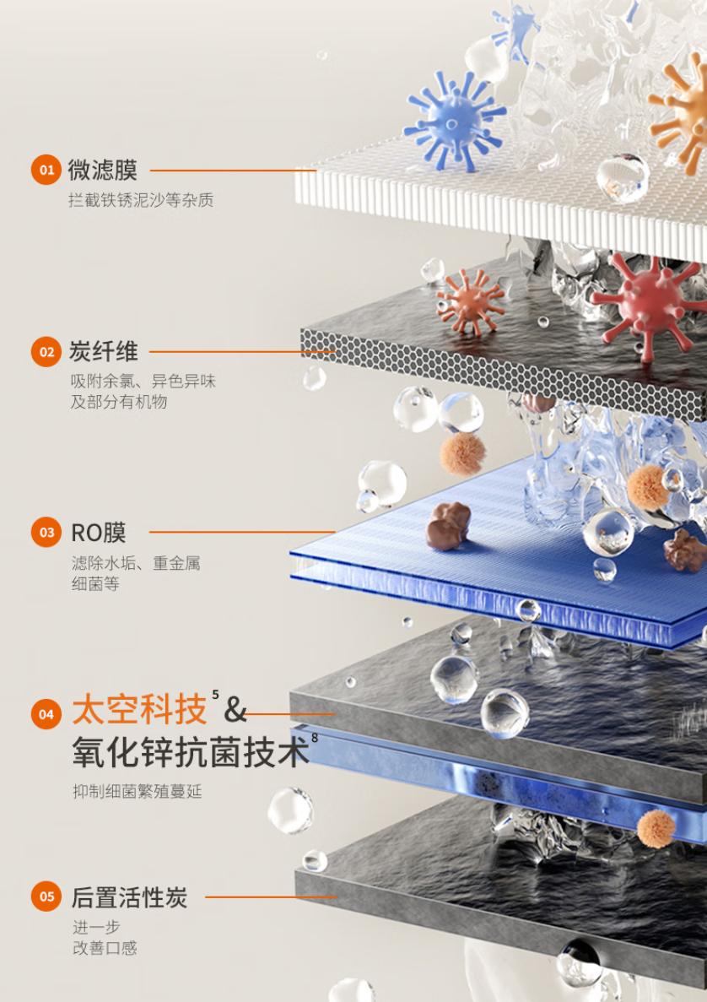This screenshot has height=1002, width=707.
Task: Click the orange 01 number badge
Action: [46, 170]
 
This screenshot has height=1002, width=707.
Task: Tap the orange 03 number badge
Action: [46, 533]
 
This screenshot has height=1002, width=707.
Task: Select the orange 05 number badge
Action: [46, 896]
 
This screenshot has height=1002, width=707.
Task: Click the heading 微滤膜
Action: [102, 170]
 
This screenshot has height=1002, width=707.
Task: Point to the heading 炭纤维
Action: [102, 351]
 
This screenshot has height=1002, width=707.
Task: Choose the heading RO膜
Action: [98, 533]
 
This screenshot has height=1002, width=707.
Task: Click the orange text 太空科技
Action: [139, 711]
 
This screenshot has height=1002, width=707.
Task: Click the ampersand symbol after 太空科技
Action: [235, 712]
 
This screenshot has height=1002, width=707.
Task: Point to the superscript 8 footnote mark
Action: [315, 738]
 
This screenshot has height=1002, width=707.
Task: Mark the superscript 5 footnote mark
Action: [216, 695]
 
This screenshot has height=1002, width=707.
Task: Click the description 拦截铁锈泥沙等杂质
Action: [141, 201]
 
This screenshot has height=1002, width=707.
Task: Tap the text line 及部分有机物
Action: [119, 402]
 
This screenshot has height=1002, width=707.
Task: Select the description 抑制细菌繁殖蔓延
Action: [137, 792]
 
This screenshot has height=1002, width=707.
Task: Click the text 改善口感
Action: [104, 948]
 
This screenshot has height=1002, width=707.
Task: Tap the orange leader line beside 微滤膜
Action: [232, 171]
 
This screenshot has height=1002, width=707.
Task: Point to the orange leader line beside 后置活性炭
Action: [270, 897]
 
